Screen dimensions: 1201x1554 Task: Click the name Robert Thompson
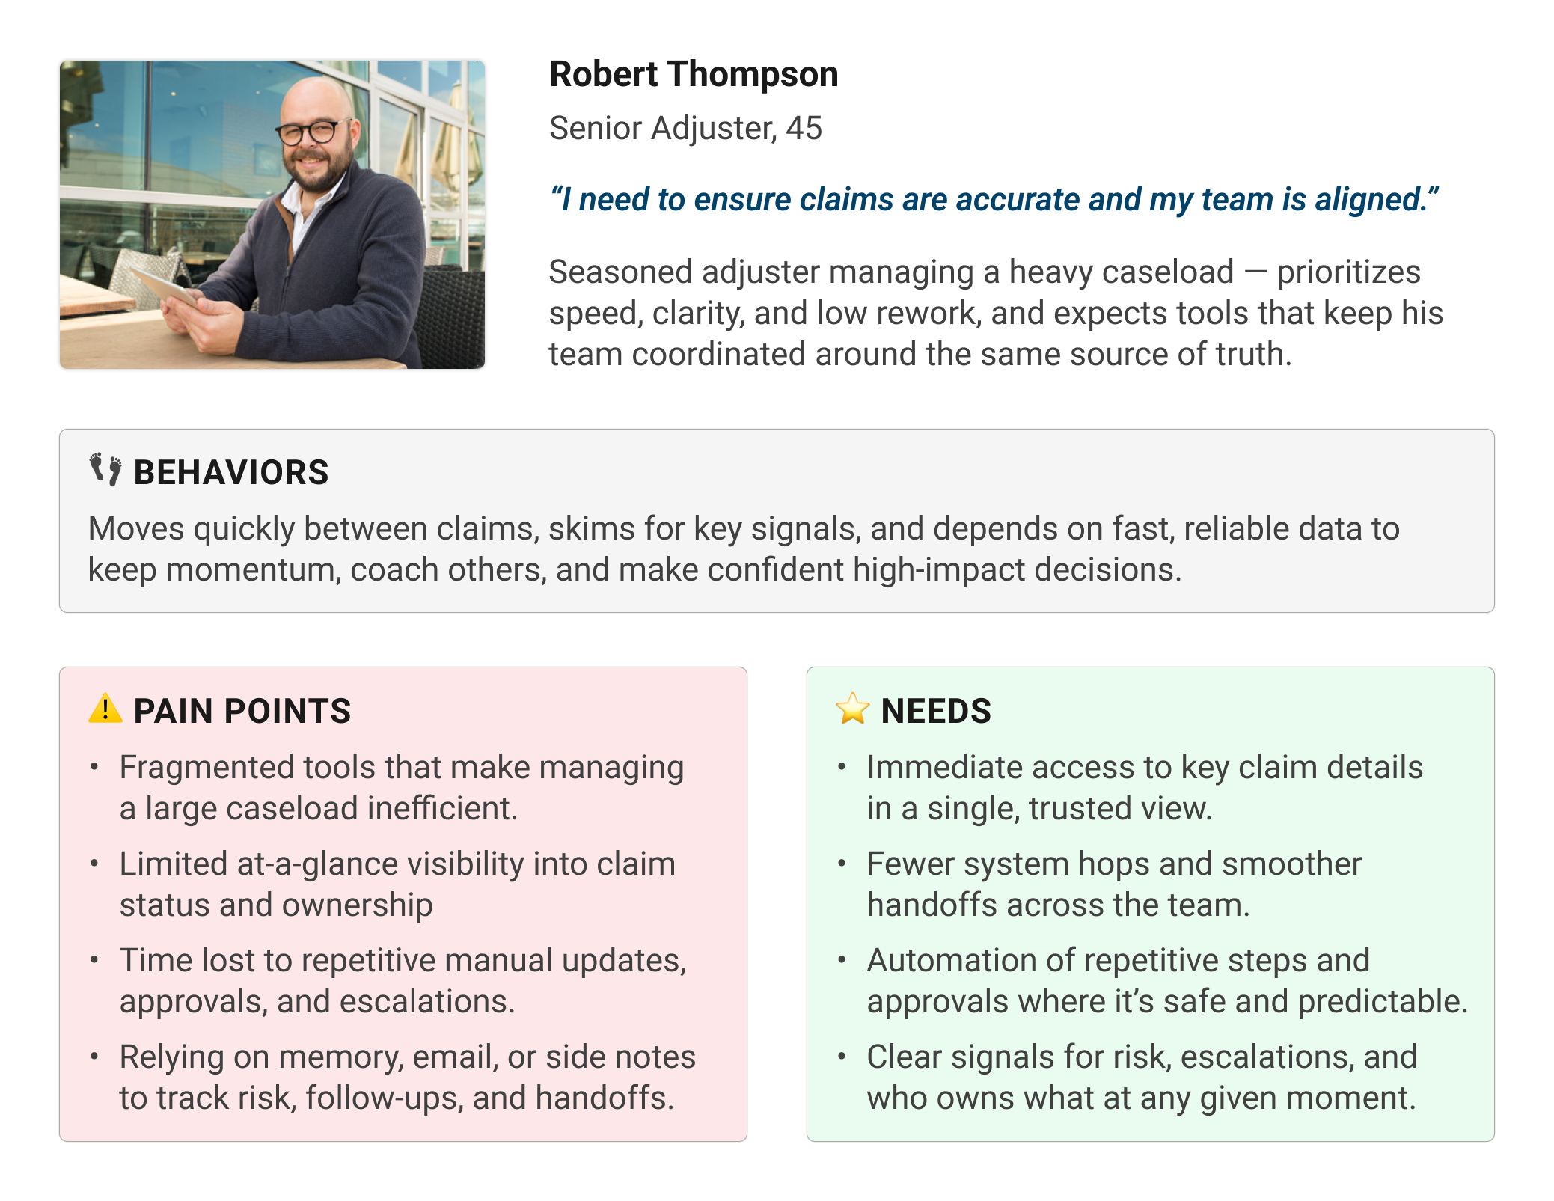(694, 74)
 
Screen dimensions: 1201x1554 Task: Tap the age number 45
(804, 129)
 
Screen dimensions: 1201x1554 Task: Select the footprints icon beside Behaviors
(105, 470)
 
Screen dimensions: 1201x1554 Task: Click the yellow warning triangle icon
(105, 708)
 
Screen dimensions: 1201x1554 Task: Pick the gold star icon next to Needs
(852, 709)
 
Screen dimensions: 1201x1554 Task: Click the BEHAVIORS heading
(230, 473)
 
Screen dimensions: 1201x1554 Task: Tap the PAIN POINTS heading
(242, 711)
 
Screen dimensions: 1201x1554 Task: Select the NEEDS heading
(936, 711)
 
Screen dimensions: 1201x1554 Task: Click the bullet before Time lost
(94, 960)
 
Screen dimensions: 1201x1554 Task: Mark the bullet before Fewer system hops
(842, 864)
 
